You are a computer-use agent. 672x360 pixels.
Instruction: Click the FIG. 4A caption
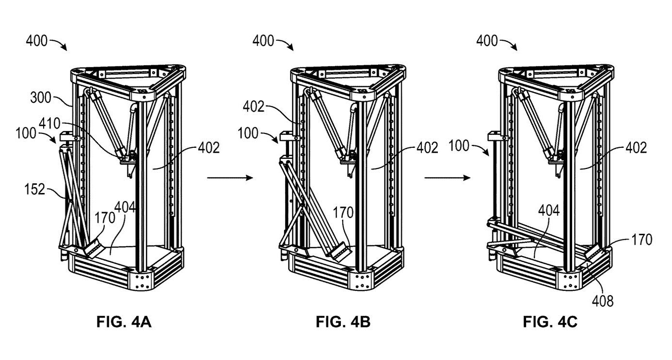[x=124, y=322]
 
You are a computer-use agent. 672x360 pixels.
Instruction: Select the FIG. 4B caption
[x=343, y=322]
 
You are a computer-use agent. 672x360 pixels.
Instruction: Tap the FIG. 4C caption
[x=550, y=322]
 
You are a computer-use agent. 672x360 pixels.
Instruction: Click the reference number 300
[x=41, y=98]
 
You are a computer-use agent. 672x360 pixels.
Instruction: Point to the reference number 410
[x=50, y=124]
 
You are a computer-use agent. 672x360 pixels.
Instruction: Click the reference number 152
[x=35, y=189]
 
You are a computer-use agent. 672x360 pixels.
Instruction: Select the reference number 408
[x=603, y=301]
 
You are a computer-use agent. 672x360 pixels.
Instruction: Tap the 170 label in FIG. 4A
[x=105, y=218]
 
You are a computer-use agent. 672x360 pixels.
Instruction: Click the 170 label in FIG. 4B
[x=343, y=213]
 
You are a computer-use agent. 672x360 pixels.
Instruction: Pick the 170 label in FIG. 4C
[x=642, y=240]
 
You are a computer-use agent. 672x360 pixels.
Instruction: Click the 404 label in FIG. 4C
[x=549, y=211]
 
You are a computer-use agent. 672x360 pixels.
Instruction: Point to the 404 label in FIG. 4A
[x=125, y=207]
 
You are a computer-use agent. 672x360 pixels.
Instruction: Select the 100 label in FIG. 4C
[x=459, y=146]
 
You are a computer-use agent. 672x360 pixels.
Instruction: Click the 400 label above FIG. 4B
[x=263, y=41]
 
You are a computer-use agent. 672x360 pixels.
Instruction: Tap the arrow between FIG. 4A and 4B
[x=230, y=178]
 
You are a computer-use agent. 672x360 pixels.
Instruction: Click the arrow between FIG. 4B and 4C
[x=447, y=178]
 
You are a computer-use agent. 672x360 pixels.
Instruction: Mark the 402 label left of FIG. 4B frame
[x=253, y=107]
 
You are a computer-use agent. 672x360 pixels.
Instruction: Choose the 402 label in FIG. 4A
[x=209, y=148]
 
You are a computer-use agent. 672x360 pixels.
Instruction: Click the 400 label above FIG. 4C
[x=487, y=41]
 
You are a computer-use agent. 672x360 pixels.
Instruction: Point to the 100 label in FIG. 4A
[x=26, y=133]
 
